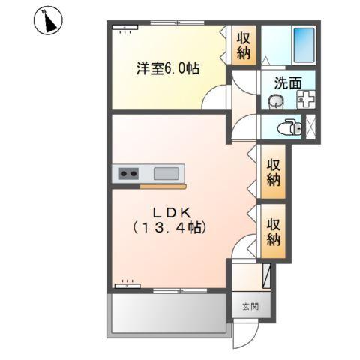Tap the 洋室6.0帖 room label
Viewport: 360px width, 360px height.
point(167,68)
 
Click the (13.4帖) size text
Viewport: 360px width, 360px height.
point(169,226)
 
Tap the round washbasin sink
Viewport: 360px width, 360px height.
point(275,102)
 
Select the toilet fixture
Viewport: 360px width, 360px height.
point(288,128)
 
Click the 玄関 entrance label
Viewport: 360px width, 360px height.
point(249,306)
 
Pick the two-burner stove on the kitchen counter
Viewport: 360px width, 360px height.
point(127,173)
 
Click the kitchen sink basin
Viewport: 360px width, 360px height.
point(166,173)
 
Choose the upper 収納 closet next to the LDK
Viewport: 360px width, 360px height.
point(272,172)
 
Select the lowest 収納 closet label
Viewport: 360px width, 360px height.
point(272,232)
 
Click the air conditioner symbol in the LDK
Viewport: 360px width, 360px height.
point(125,284)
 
